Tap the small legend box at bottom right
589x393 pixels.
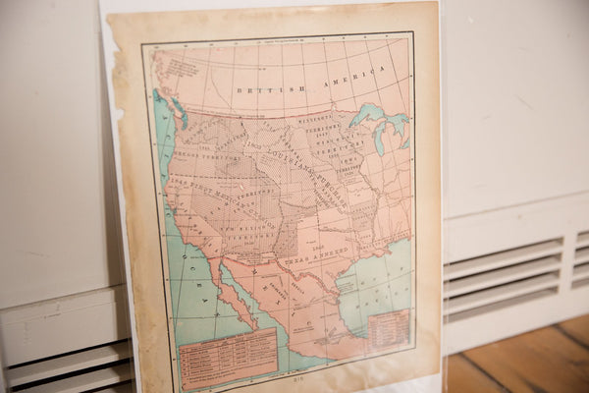coord(389,328)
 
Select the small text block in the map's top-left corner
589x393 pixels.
coord(177,67)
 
